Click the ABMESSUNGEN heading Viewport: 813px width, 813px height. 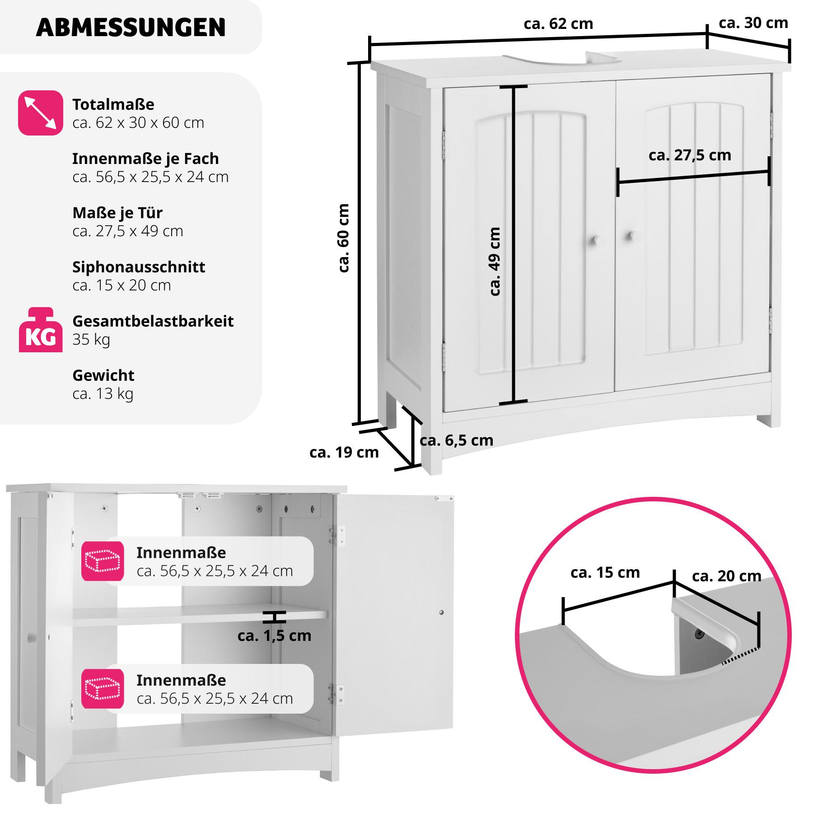coord(131,28)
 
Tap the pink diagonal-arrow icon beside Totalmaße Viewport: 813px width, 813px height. coord(41,113)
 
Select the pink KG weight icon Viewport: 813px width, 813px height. coord(41,330)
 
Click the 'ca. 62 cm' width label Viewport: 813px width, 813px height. coord(558,24)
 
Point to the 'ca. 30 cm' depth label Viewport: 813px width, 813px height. coord(753,23)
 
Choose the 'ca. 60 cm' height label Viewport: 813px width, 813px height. coord(344,238)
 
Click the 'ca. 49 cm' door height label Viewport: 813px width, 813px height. coord(495,262)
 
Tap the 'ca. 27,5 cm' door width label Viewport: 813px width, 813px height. coord(690,155)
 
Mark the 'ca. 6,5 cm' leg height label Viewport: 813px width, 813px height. coord(456,440)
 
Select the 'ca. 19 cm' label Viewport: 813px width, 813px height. coord(344,453)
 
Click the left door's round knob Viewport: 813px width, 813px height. coord(598,240)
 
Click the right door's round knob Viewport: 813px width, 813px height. coord(633,236)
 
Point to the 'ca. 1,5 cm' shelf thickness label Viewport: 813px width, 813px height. coord(274,636)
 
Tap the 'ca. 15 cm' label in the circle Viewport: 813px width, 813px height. coord(605,573)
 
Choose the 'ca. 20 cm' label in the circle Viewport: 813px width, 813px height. coord(726,576)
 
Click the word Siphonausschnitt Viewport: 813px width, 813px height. coord(139,267)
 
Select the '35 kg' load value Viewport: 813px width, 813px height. coord(91,340)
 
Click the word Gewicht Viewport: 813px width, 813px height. coord(103,375)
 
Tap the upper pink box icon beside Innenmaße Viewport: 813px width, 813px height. coord(103,561)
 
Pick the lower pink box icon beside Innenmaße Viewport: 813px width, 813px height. coord(103,689)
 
